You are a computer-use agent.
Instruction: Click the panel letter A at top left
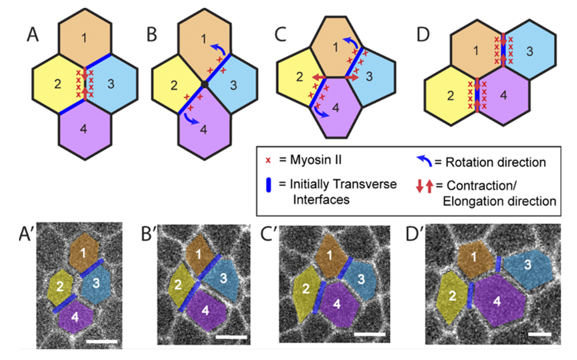click(33, 34)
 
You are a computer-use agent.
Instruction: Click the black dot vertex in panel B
click(204, 84)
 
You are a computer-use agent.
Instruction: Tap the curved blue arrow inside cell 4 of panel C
click(320, 113)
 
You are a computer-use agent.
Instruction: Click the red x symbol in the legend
click(268, 160)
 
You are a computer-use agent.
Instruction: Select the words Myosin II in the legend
click(316, 160)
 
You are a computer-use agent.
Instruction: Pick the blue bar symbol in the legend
click(268, 185)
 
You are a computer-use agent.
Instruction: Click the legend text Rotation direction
click(495, 162)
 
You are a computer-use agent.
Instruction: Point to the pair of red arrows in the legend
click(424, 186)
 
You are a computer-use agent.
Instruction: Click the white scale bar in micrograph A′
click(101, 341)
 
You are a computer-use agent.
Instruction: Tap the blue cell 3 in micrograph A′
click(96, 283)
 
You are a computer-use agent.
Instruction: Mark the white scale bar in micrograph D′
click(540, 335)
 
